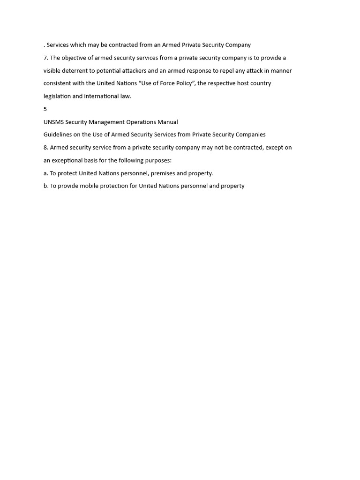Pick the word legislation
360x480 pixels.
[x=57, y=96]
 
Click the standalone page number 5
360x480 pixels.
[x=45, y=109]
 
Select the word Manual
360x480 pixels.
[x=168, y=122]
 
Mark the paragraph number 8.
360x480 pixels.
[x=46, y=147]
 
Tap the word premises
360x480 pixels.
[x=162, y=173]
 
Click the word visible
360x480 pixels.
[x=52, y=71]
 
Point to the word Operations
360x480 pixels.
[x=141, y=122]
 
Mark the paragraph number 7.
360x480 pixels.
[x=46, y=58]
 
